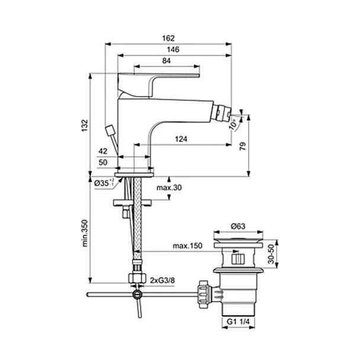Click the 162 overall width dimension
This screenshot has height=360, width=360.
click(x=168, y=38)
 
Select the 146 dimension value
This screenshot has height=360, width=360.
click(x=173, y=50)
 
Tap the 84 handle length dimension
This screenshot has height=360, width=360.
click(x=166, y=61)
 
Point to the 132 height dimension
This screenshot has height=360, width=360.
click(x=85, y=126)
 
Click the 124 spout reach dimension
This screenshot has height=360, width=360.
click(x=181, y=139)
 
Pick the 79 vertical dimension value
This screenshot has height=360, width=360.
click(x=243, y=146)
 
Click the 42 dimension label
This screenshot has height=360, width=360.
click(x=103, y=151)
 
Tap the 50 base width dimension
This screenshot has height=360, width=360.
click(x=103, y=163)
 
